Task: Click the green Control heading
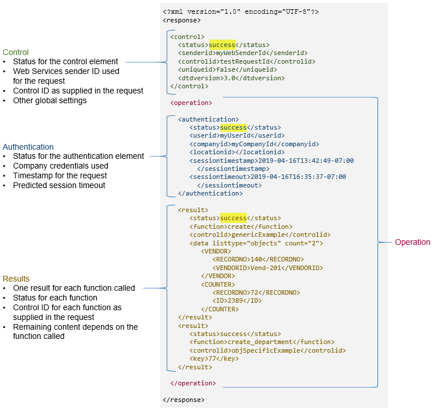click(x=15, y=52)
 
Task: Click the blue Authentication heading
click(x=28, y=147)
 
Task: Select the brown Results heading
click(x=16, y=279)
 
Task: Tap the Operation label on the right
click(x=412, y=242)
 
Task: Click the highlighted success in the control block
click(x=222, y=45)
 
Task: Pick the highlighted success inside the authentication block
click(x=233, y=127)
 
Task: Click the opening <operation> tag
click(x=192, y=103)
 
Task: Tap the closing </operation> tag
click(x=193, y=383)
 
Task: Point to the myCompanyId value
click(x=251, y=144)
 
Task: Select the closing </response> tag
click(x=184, y=400)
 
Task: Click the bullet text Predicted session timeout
click(x=59, y=185)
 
